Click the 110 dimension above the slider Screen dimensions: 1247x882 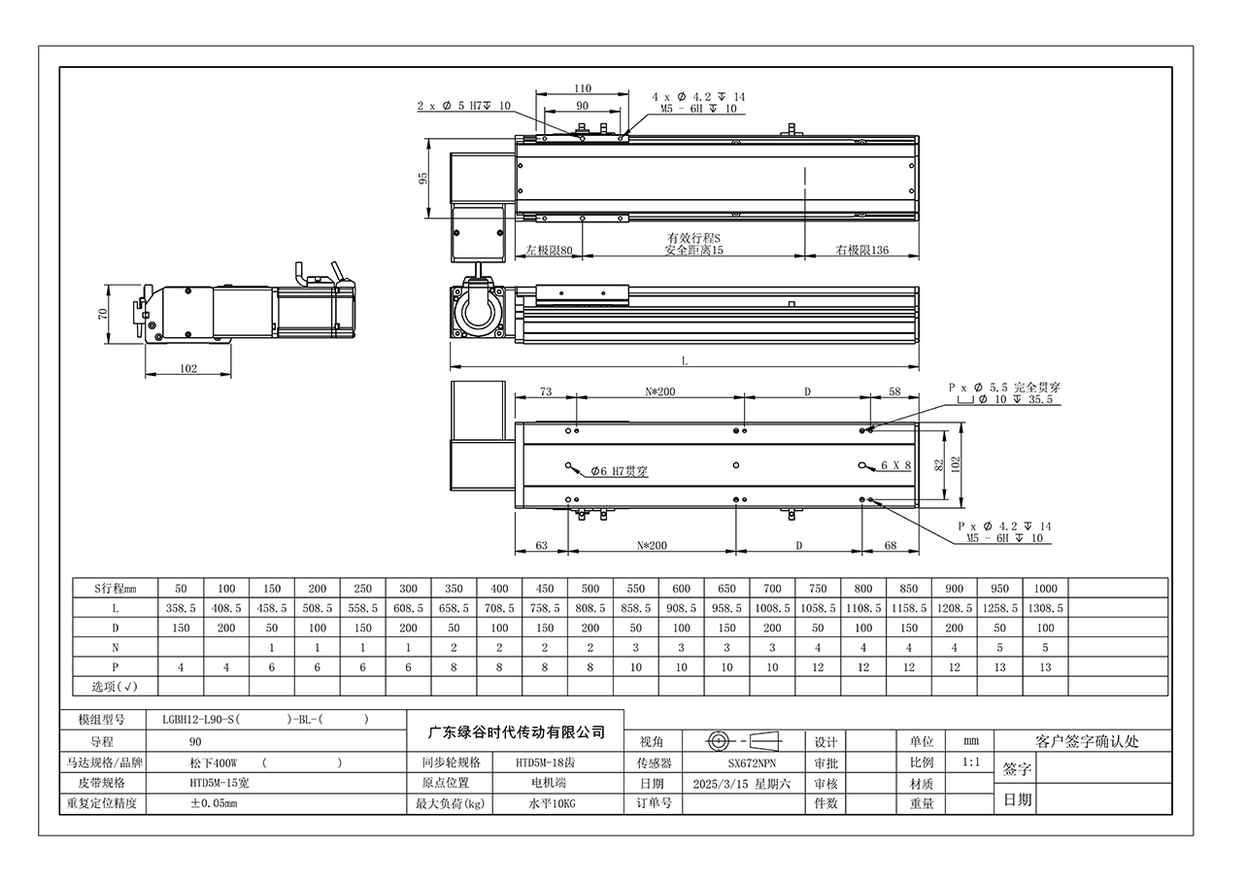[583, 88]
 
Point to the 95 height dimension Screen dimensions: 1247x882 [423, 178]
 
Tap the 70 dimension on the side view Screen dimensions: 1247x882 [102, 314]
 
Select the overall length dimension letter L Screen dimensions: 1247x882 [685, 361]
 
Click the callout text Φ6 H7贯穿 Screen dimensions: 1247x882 [619, 471]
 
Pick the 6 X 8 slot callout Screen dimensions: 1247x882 [896, 465]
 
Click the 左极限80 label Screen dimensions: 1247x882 [549, 250]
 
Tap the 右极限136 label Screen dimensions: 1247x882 [861, 250]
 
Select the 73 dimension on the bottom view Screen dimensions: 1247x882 [546, 391]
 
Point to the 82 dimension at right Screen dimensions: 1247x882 [939, 465]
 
